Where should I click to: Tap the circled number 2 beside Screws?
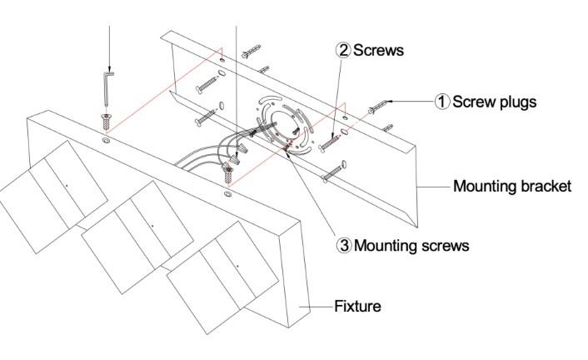[343, 50]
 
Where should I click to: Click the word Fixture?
[357, 307]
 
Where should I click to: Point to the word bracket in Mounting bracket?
[546, 186]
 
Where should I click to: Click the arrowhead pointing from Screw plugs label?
[391, 102]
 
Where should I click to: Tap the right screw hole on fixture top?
[227, 193]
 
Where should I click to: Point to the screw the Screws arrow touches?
[334, 137]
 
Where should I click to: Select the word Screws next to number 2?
[379, 50]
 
